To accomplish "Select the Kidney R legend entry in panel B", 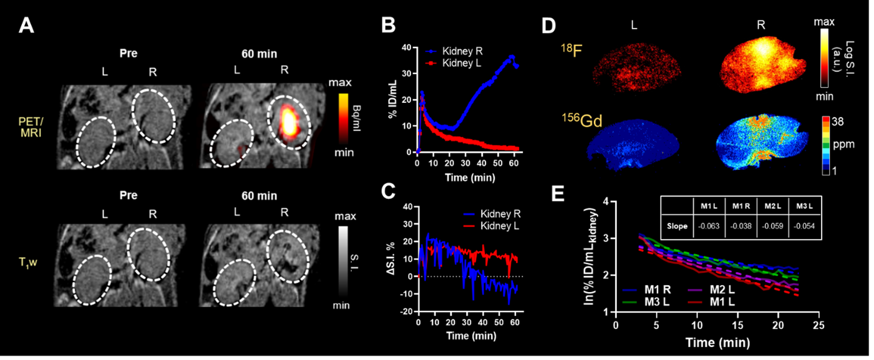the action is (x=454, y=51).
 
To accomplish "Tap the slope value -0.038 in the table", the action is (x=740, y=226).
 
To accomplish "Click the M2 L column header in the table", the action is (x=772, y=206).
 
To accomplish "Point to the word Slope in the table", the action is (x=677, y=226).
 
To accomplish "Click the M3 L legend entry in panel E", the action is (x=646, y=301).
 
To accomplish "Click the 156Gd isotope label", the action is (x=582, y=120).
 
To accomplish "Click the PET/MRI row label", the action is (x=31, y=127).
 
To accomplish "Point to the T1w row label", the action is (x=27, y=262).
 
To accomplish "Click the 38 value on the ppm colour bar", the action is (x=837, y=122).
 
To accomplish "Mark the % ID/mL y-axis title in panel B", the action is (x=392, y=99).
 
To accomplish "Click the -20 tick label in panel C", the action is (x=407, y=311).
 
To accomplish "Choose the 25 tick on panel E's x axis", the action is (x=818, y=325).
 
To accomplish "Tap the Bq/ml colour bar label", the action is (x=357, y=118).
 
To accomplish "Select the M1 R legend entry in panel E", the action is (x=646, y=289).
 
